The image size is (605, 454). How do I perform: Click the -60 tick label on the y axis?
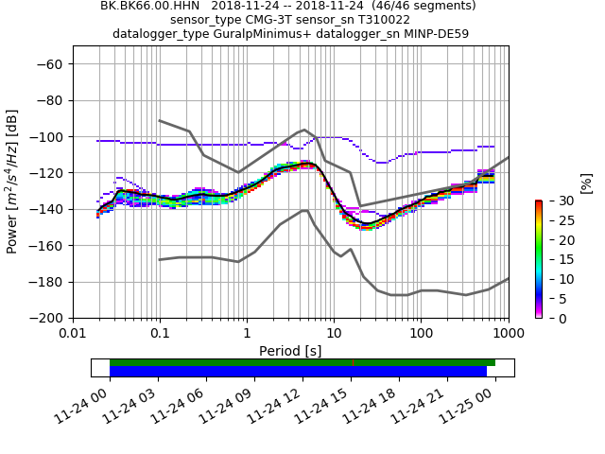pos(50,64)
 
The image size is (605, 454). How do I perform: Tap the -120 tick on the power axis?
pos(46,173)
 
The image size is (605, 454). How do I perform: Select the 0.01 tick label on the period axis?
pos(73,334)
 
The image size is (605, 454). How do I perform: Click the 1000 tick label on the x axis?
pos(508,334)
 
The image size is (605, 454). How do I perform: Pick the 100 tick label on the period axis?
pos(421,334)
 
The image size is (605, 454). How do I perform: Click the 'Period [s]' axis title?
pos(290,351)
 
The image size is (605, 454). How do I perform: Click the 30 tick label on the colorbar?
pos(556,201)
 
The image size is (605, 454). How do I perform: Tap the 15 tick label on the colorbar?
pos(556,259)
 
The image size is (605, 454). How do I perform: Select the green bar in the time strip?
pos(302,362)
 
